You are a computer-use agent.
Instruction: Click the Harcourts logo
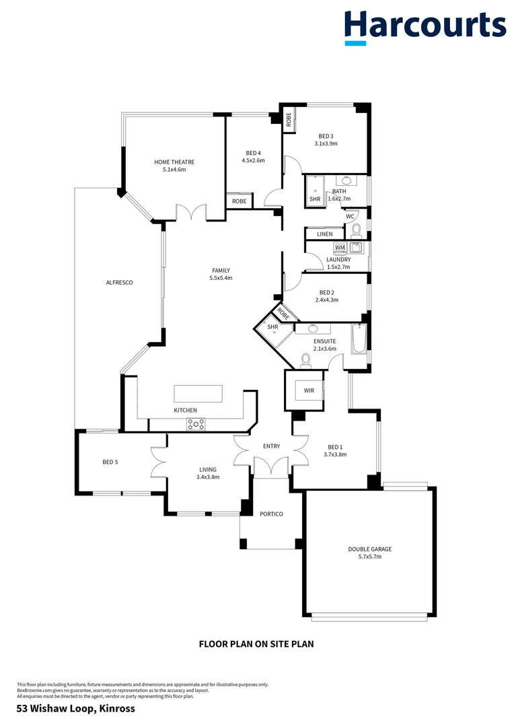[x=425, y=28]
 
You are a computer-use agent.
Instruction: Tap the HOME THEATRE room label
[x=174, y=162]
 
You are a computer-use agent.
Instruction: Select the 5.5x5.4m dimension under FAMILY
[x=220, y=278]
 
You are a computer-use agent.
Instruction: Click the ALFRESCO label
[x=119, y=283]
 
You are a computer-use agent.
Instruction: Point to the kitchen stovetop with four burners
[x=196, y=424]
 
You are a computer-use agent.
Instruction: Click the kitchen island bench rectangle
[x=198, y=393]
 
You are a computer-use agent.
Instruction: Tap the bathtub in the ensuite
[x=359, y=338]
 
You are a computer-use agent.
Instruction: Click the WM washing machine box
[x=340, y=248]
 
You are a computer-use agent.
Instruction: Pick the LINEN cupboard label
[x=325, y=234]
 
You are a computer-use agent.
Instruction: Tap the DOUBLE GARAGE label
[x=369, y=549]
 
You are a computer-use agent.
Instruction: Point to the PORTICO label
[x=271, y=514]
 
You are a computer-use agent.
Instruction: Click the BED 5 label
[x=111, y=462]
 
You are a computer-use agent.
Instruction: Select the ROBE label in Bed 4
[x=239, y=201]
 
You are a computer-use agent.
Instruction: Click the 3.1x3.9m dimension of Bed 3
[x=326, y=143]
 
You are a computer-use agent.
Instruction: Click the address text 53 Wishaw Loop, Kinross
[x=76, y=708]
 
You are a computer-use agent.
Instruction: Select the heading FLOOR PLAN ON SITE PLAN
[x=256, y=644]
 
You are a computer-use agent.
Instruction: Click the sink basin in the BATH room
[x=346, y=180]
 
